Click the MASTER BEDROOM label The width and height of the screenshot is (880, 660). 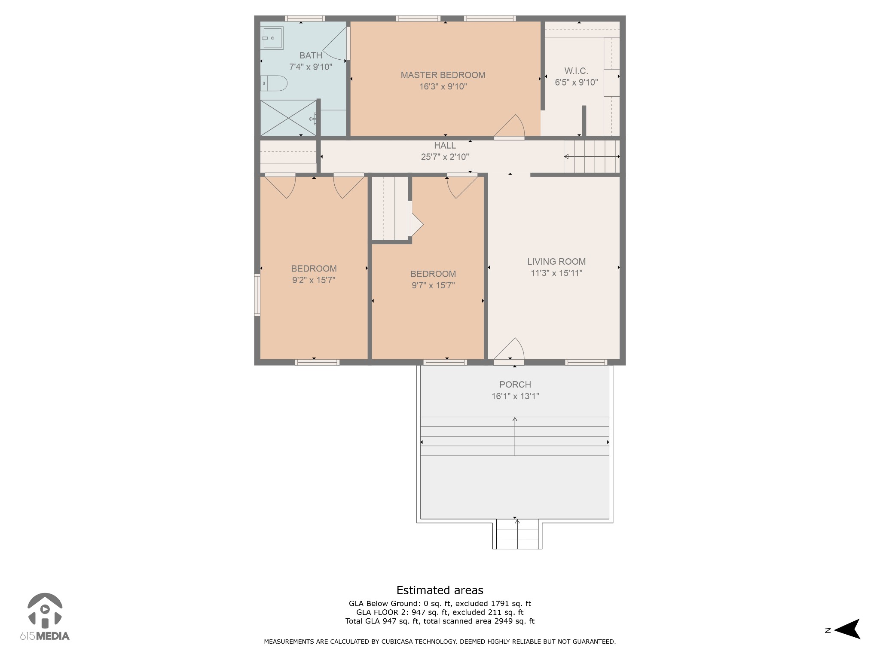pyautogui.click(x=443, y=75)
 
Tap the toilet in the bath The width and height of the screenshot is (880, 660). pyautogui.click(x=274, y=83)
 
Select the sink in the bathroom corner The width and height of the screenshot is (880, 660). pyautogui.click(x=272, y=38)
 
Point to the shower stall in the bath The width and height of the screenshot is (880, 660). pyautogui.click(x=288, y=118)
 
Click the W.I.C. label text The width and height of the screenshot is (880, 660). pyautogui.click(x=576, y=71)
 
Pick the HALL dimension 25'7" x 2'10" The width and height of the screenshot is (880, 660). pyautogui.click(x=445, y=157)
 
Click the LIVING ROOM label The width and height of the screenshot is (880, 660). pyautogui.click(x=556, y=262)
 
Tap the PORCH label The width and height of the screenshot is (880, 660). pyautogui.click(x=515, y=385)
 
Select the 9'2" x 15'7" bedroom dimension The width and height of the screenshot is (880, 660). pyautogui.click(x=314, y=280)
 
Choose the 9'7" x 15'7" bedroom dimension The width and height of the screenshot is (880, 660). pyautogui.click(x=433, y=285)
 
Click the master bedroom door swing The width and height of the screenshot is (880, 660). pyautogui.click(x=510, y=126)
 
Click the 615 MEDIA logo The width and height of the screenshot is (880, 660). pyautogui.click(x=45, y=617)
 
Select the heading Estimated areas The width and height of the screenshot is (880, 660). pyautogui.click(x=440, y=590)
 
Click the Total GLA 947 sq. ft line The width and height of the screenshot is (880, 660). pyautogui.click(x=440, y=621)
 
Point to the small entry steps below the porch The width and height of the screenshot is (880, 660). pyautogui.click(x=517, y=534)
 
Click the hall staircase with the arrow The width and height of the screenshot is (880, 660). pyautogui.click(x=592, y=157)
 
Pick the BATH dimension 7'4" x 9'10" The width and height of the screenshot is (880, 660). pyautogui.click(x=311, y=67)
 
